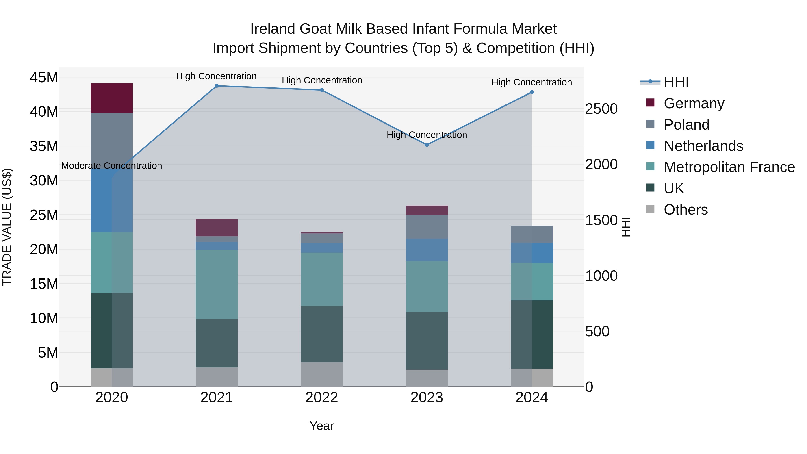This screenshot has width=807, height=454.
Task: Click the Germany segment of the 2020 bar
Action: (112, 98)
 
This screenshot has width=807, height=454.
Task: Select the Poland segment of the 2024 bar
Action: (532, 234)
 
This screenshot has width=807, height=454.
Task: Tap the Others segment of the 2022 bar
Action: (321, 374)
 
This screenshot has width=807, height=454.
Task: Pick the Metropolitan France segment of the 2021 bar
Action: (217, 285)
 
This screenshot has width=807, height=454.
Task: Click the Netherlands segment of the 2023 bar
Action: (426, 250)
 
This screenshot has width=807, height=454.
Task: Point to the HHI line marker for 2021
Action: (217, 86)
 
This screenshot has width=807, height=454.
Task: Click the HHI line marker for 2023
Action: (426, 145)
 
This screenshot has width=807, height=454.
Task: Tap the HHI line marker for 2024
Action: (532, 92)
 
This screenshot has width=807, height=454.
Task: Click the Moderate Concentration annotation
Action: (112, 166)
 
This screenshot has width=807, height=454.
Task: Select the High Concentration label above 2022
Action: (322, 80)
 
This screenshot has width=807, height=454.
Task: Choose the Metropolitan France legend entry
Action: (729, 167)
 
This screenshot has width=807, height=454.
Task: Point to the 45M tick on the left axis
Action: (44, 77)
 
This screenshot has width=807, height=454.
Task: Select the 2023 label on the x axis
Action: (426, 398)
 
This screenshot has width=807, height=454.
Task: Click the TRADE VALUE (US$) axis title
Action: (7, 227)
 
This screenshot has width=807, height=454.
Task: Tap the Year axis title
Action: (321, 426)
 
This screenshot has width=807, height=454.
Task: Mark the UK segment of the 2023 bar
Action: (426, 341)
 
